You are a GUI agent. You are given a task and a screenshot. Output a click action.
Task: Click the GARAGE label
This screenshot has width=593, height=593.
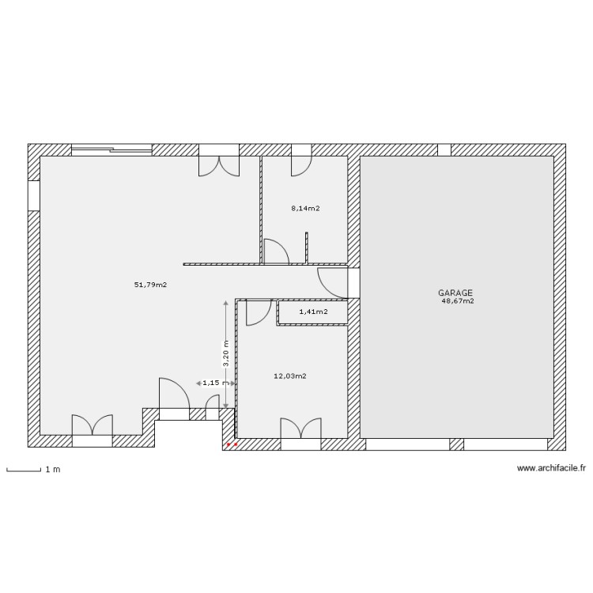(x=455, y=293)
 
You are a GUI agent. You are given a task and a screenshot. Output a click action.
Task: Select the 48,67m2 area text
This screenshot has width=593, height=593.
(x=458, y=301)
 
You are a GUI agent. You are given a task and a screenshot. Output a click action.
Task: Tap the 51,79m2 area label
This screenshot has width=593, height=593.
(x=150, y=285)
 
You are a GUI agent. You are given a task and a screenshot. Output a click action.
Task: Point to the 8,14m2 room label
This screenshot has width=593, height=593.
(x=305, y=209)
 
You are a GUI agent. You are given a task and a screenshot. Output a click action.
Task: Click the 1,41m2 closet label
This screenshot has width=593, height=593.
(x=313, y=312)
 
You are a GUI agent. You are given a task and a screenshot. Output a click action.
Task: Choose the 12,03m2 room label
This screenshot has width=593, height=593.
(x=289, y=376)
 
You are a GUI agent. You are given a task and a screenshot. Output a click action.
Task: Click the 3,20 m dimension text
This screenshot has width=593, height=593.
(x=226, y=353)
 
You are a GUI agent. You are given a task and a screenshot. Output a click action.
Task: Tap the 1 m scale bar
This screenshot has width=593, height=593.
(x=24, y=471)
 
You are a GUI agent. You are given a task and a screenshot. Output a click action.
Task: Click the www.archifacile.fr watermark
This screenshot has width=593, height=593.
(x=551, y=469)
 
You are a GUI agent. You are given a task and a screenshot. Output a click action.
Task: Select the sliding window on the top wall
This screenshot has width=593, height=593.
(x=111, y=149)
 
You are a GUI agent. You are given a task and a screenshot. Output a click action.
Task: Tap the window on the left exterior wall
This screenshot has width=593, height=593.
(x=34, y=196)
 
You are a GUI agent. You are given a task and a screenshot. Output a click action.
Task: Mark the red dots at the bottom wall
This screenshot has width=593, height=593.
(x=232, y=444)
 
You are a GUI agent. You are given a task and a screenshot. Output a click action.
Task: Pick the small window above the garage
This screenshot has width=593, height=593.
(x=444, y=149)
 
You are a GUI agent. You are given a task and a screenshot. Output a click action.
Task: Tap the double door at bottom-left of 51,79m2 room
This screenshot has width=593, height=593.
(x=93, y=429)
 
